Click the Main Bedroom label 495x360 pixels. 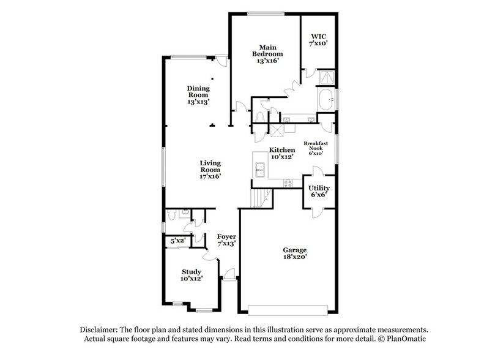point(265,54)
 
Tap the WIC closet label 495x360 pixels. point(318,40)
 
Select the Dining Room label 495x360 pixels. point(198,95)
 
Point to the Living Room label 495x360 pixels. point(210,170)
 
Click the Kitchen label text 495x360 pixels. point(281,153)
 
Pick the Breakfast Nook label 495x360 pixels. point(315,148)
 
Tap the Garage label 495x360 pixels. point(294,253)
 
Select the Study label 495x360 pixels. point(192,275)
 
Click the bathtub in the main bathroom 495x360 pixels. point(326,98)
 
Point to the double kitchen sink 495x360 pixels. point(260,168)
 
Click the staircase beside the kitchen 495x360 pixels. point(261,198)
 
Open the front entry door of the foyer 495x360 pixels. point(228,274)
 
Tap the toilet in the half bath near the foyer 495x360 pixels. point(173,214)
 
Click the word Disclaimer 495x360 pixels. point(99,329)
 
